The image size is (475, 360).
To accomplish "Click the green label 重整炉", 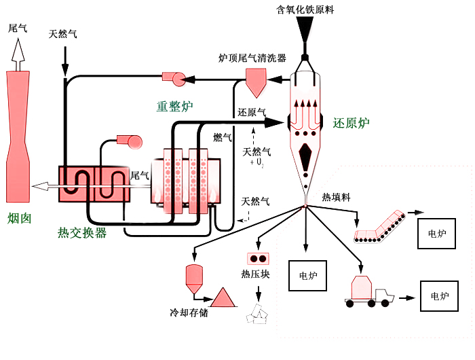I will (175, 106).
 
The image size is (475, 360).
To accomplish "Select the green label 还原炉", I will (351, 123).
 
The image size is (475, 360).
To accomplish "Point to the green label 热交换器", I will (82, 233).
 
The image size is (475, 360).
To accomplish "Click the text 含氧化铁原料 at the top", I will (305, 10).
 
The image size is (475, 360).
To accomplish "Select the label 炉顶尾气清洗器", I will (252, 58).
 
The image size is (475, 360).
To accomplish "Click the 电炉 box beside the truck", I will (439, 297).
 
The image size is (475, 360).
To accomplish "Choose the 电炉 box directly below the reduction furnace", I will (307, 276).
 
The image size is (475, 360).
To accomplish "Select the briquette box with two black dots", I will (259, 259).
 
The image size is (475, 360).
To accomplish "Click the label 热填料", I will (335, 198).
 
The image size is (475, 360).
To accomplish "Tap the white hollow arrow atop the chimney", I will (18, 52).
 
